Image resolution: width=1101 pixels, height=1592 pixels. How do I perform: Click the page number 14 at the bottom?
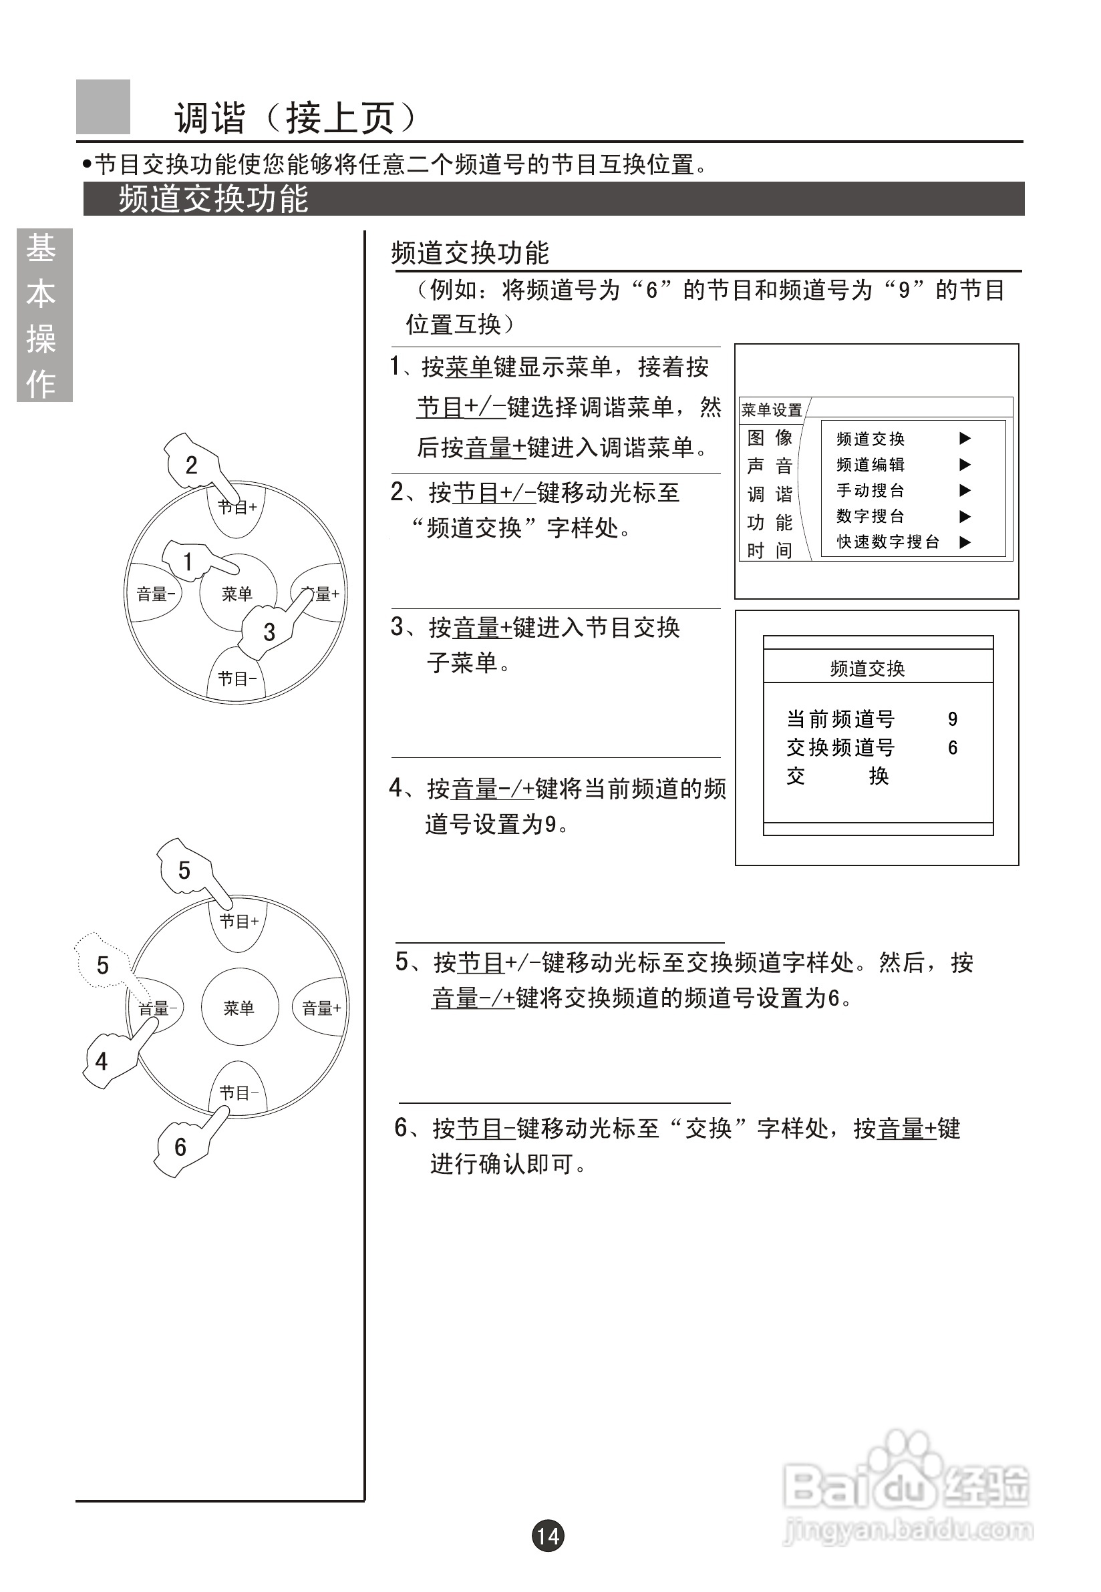[548, 1535]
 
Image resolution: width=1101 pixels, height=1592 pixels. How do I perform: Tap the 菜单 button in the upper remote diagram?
[237, 593]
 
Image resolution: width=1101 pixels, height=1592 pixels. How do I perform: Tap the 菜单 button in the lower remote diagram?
[239, 1008]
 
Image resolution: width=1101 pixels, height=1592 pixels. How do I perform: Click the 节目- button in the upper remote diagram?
[237, 678]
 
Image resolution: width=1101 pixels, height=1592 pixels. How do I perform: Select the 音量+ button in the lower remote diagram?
[321, 1008]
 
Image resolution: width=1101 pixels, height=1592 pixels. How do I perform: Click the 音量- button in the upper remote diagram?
[154, 594]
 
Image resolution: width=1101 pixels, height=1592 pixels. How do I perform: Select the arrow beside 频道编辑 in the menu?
[965, 465]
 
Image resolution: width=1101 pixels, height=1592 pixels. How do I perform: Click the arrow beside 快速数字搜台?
[965, 542]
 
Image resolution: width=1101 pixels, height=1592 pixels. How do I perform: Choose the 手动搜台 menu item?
[870, 490]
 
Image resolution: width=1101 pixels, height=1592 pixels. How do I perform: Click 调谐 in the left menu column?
[769, 493]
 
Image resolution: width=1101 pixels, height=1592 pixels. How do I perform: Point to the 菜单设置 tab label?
[771, 410]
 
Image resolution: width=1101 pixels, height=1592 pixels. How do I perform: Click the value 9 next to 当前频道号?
[953, 719]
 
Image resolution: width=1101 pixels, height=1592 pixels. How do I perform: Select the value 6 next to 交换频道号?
[953, 747]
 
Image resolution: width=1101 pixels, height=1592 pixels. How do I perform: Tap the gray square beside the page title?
[103, 107]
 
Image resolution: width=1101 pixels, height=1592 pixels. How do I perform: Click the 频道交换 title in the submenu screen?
[867, 668]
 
